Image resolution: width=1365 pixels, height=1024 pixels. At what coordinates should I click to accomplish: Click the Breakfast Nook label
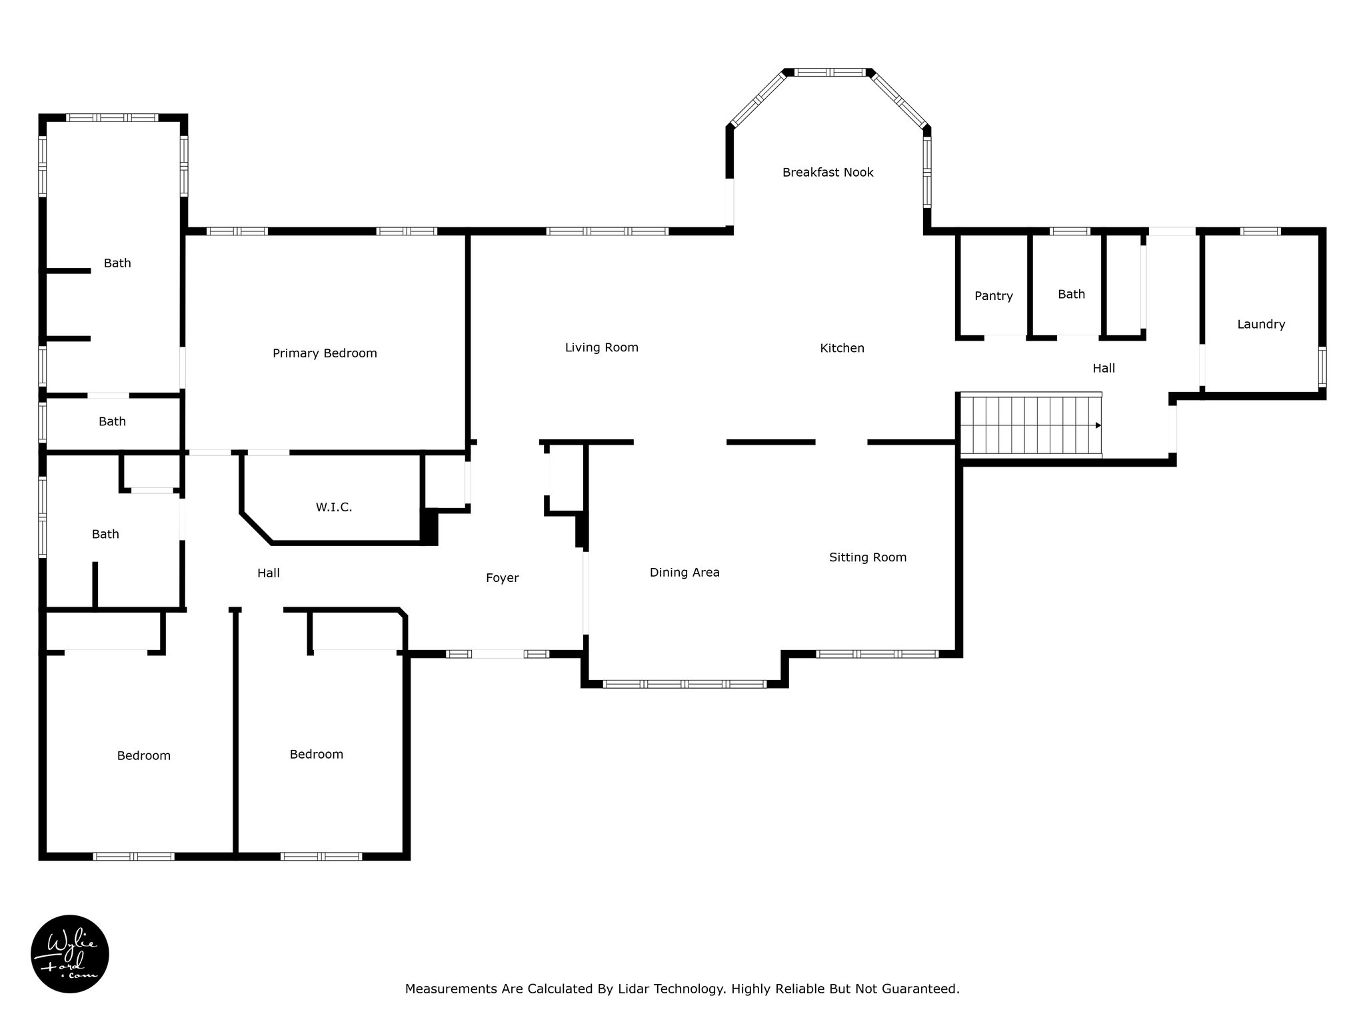(x=828, y=173)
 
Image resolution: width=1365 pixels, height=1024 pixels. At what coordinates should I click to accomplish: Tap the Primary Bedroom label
(x=325, y=353)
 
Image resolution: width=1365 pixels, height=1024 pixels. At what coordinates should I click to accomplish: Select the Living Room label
(x=602, y=347)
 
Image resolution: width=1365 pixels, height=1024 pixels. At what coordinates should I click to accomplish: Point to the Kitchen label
(x=842, y=348)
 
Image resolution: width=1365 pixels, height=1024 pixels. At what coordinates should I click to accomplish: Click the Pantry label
(x=994, y=296)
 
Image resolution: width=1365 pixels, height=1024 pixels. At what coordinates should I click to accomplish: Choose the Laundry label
(x=1261, y=325)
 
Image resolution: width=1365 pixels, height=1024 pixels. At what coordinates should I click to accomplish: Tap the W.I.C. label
(x=334, y=507)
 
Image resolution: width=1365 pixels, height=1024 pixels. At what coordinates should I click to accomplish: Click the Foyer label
(x=502, y=578)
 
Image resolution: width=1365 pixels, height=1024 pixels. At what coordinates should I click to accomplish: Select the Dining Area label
(x=684, y=573)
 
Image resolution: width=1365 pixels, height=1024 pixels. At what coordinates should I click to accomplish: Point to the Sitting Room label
(x=868, y=557)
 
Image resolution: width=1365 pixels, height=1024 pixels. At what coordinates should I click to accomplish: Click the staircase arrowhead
(x=1098, y=425)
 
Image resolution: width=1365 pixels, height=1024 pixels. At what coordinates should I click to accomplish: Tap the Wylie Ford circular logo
(x=70, y=953)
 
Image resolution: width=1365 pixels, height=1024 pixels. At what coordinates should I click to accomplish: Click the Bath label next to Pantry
(x=1071, y=294)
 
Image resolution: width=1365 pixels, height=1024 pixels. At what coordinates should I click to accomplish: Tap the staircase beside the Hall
(x=1030, y=425)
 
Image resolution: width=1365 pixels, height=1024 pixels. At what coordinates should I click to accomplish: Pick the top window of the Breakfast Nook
(x=828, y=72)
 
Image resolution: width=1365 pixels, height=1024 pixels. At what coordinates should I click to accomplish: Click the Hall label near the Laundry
(x=1104, y=368)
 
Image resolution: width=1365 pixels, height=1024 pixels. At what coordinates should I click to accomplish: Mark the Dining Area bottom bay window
(x=684, y=684)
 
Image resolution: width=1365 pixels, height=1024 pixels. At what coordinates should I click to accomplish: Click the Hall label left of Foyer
(x=269, y=573)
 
